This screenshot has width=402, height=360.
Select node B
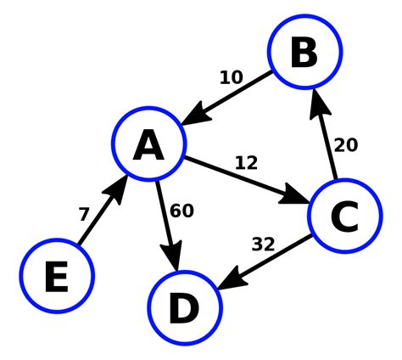tap(304, 53)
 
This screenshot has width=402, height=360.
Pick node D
tap(184, 307)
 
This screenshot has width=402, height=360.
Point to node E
tap(57, 276)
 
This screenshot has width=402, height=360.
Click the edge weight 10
tap(231, 78)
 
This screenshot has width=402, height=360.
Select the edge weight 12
tap(245, 162)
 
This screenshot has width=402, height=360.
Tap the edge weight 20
tap(345, 145)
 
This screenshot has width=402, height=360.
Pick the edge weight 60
tap(181, 211)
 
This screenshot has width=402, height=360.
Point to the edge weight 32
tap(264, 245)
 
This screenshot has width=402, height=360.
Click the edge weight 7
tap(83, 215)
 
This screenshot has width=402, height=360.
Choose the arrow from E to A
tap(103, 212)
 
